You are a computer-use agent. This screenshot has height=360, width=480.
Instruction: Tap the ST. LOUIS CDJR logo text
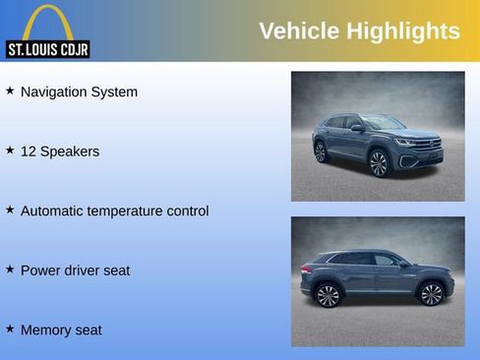tap(47, 49)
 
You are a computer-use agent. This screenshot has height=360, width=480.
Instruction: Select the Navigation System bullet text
tap(79, 91)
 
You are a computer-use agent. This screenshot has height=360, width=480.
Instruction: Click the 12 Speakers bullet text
tap(60, 151)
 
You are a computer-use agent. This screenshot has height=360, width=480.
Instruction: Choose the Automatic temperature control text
tap(114, 210)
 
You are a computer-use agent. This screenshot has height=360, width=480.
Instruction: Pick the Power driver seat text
tap(75, 270)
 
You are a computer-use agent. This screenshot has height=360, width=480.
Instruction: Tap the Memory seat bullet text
tap(61, 330)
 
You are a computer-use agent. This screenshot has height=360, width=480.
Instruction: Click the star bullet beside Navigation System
tap(10, 90)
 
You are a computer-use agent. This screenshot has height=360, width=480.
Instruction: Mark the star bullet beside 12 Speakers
tap(10, 150)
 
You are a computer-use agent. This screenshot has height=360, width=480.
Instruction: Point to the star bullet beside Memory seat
tap(10, 329)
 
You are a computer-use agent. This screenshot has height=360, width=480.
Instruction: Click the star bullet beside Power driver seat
tap(10, 269)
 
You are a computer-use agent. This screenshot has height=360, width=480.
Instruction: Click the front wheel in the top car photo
tap(379, 162)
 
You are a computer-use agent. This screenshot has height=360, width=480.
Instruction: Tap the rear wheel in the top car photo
tap(320, 151)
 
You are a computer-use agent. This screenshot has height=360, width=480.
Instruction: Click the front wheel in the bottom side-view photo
tap(431, 293)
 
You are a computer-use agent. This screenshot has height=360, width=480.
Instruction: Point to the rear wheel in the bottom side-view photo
tap(328, 294)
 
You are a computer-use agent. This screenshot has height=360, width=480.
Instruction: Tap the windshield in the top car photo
tap(383, 122)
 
